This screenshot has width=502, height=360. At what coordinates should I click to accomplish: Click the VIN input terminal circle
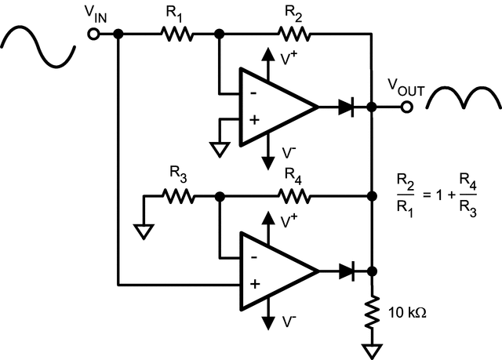(x=93, y=35)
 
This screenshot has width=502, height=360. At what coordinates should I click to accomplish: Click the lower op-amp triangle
(x=275, y=271)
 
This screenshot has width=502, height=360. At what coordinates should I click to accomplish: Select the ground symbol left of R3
(x=143, y=231)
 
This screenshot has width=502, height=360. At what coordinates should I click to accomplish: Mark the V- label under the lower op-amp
(x=289, y=322)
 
